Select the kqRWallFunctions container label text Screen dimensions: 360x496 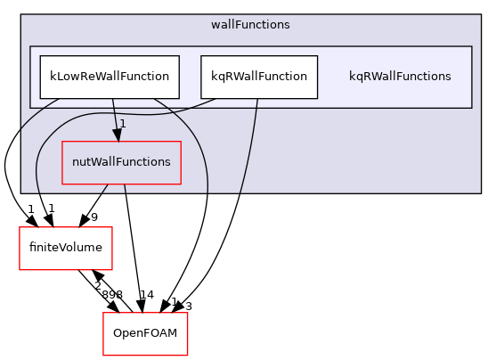(400, 77)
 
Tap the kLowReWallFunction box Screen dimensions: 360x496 (110, 77)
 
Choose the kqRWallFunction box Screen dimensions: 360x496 (259, 77)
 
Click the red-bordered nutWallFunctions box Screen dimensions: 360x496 (121, 162)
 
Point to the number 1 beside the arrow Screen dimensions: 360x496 (123, 124)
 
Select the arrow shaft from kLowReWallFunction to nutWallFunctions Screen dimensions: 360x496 (114, 112)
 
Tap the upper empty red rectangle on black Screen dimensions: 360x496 (66, 249)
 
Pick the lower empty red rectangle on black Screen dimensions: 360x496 (145, 334)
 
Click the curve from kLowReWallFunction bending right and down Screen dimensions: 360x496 (196, 134)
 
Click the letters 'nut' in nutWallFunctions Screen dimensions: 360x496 (81, 162)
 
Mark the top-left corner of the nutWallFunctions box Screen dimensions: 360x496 (62, 142)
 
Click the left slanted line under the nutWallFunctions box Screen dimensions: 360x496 (104, 188)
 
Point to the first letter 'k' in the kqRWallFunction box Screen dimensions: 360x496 (214, 77)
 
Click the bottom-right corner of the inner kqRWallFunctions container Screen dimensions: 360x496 (471, 108)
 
